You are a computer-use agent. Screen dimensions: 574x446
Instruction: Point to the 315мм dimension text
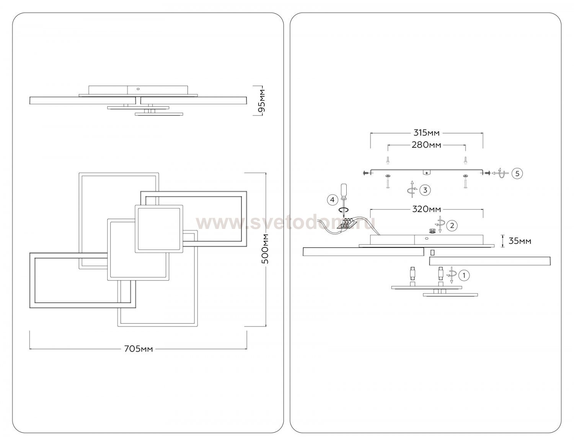[426, 133]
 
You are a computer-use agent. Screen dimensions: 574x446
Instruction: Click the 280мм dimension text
[426, 145]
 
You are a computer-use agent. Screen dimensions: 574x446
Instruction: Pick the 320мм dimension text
[426, 209]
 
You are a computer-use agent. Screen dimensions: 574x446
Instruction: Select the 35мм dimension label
[520, 241]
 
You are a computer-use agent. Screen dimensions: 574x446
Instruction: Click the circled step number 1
[464, 276]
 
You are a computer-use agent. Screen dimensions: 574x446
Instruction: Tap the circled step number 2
[452, 225]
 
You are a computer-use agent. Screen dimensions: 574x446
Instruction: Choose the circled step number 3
[425, 190]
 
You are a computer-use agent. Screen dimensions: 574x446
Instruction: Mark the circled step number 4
[332, 200]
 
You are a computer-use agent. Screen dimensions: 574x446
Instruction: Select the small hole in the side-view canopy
[138, 89]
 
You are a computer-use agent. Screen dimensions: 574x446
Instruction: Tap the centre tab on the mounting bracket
[426, 172]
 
